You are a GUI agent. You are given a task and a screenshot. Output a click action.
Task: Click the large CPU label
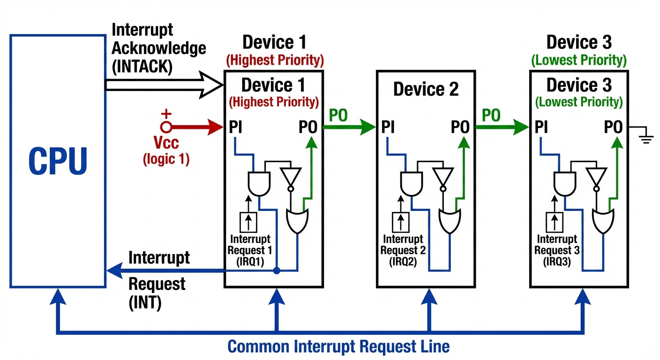click(x=58, y=161)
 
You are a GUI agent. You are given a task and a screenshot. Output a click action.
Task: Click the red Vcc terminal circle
click(x=166, y=127)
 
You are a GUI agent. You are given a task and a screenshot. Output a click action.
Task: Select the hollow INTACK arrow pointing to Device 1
click(x=164, y=85)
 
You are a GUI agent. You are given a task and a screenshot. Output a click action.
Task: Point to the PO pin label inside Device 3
click(x=613, y=127)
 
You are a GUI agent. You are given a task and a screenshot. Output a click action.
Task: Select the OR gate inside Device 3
click(x=603, y=221)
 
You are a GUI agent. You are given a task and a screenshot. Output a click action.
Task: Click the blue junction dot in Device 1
click(x=277, y=270)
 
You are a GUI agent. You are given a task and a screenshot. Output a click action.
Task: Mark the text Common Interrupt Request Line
click(x=338, y=347)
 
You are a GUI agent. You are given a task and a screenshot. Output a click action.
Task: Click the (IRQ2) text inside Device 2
click(x=403, y=262)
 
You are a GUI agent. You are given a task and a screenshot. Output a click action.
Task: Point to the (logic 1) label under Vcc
click(x=166, y=159)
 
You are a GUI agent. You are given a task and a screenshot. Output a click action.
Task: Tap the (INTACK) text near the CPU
click(x=142, y=67)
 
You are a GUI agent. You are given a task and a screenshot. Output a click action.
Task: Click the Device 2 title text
click(x=426, y=89)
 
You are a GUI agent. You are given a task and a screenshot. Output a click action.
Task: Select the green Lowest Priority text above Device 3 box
click(x=579, y=60)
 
